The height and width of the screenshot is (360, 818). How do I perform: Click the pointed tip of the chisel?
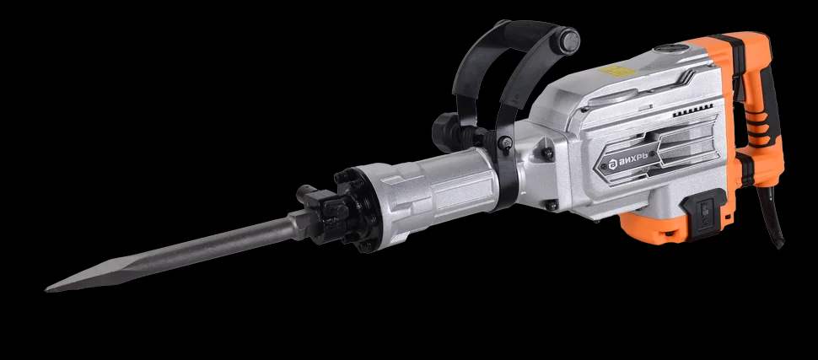tap(46, 288)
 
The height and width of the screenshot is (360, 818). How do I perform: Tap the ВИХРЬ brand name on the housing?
tap(630, 159)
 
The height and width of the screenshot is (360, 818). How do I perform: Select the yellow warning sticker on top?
tap(617, 71)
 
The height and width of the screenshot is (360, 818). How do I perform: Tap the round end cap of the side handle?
tap(568, 40)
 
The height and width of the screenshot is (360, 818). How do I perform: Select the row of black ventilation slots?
tap(693, 110)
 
